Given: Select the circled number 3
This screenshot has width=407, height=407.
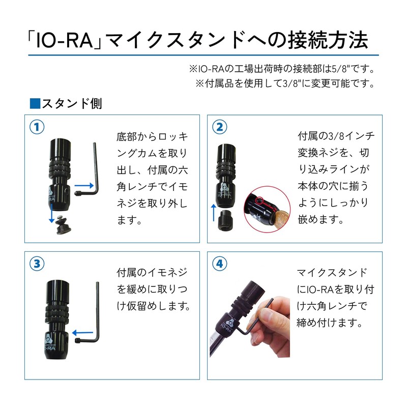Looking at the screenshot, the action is [x=38, y=264].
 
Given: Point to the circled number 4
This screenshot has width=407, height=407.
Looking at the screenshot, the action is [x=219, y=264].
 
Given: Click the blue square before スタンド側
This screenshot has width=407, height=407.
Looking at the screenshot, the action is [x=35, y=104].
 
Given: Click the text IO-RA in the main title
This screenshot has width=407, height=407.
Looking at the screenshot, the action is [x=64, y=38].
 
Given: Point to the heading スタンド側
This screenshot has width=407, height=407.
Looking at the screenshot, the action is [x=72, y=104].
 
